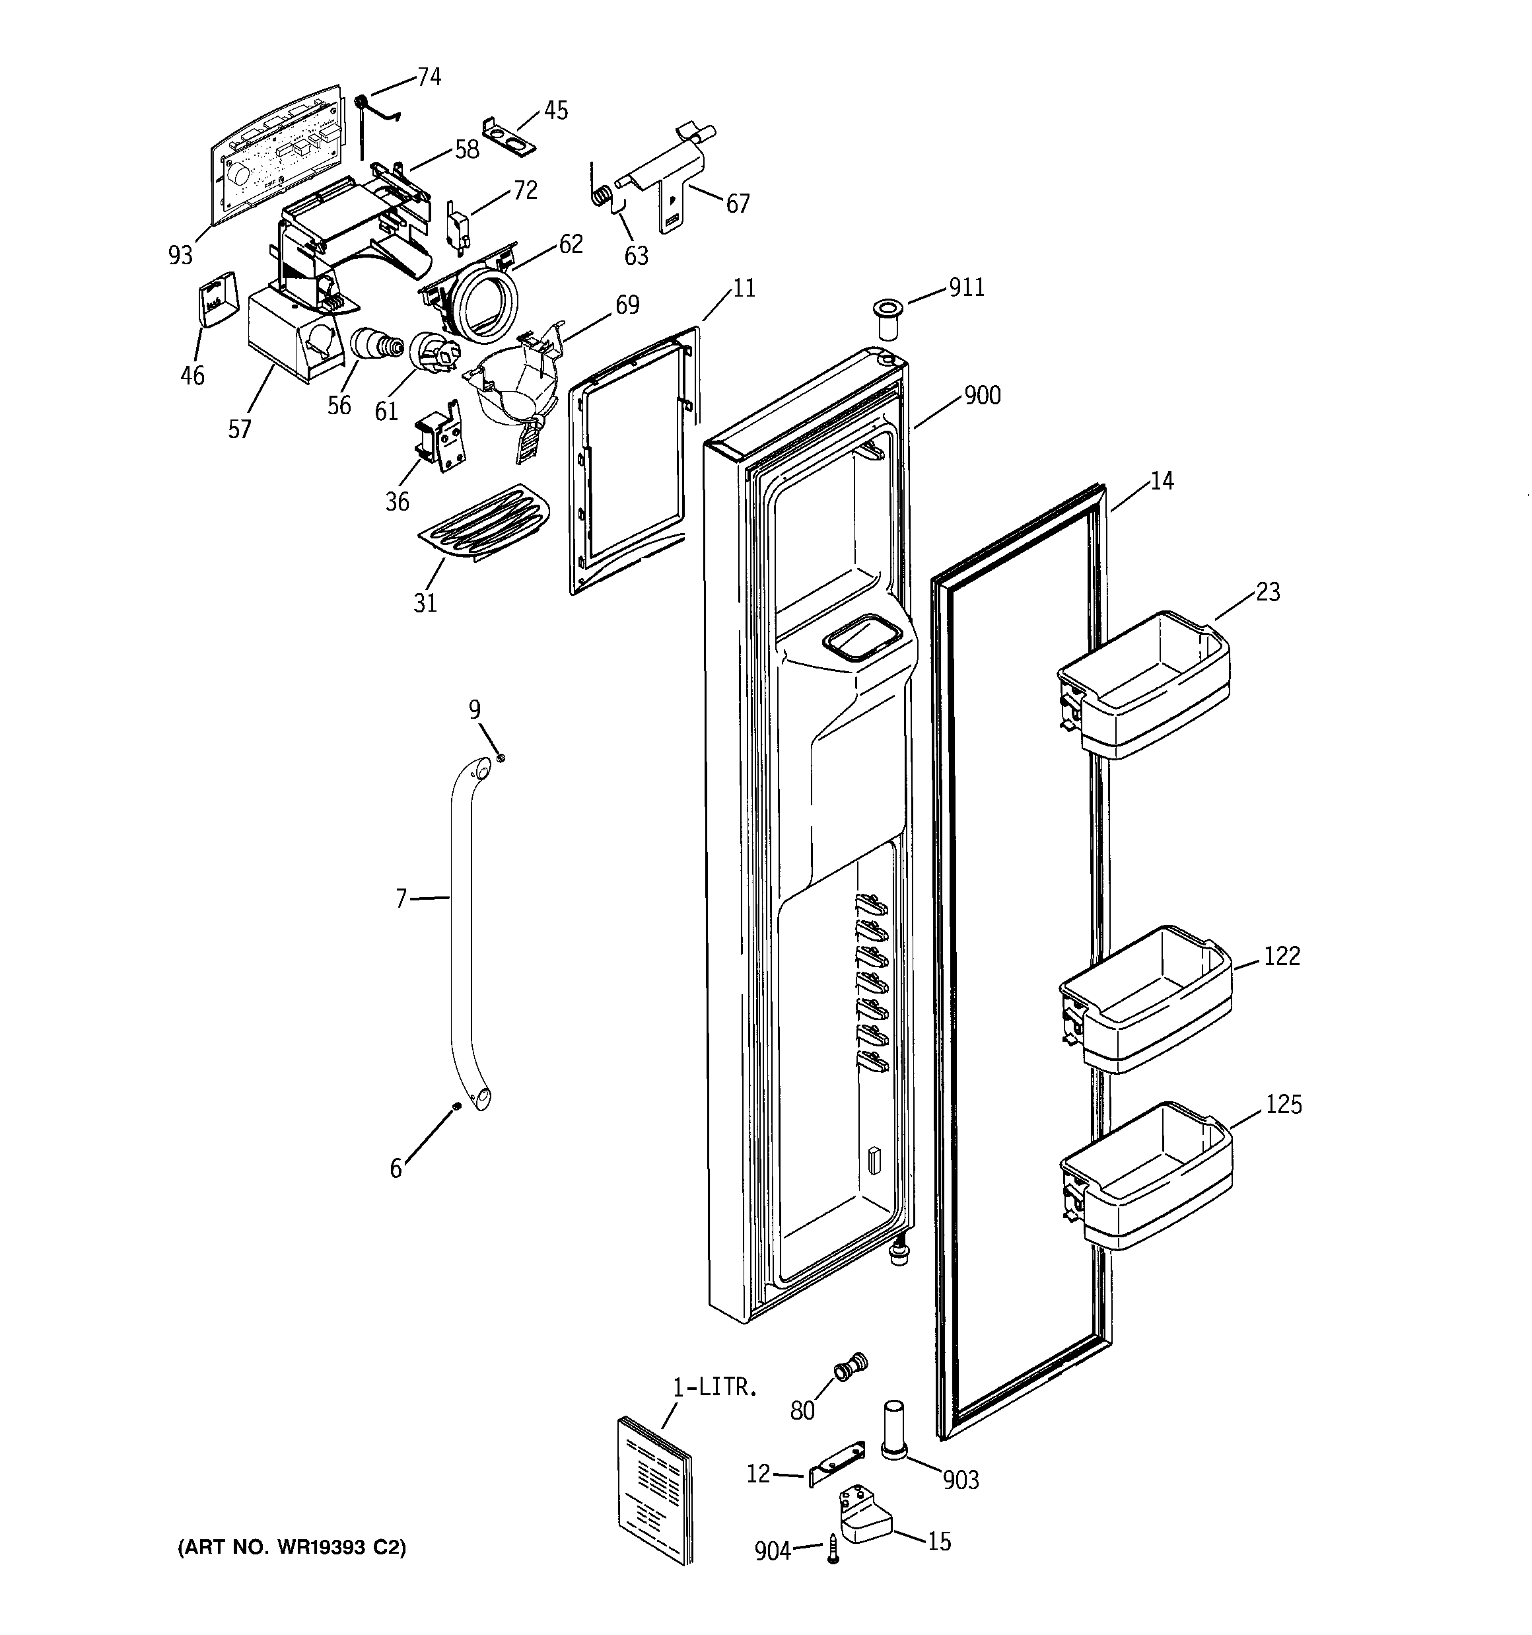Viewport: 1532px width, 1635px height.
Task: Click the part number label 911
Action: pyautogui.click(x=966, y=288)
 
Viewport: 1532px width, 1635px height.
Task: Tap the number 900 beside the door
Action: pyautogui.click(x=982, y=396)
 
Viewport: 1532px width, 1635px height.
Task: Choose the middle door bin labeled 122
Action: pyautogui.click(x=1146, y=999)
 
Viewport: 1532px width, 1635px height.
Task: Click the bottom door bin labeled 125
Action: pyautogui.click(x=1146, y=1176)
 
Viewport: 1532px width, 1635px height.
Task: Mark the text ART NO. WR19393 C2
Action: pyautogui.click(x=292, y=1548)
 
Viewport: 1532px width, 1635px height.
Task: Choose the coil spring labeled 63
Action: pyautogui.click(x=603, y=197)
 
